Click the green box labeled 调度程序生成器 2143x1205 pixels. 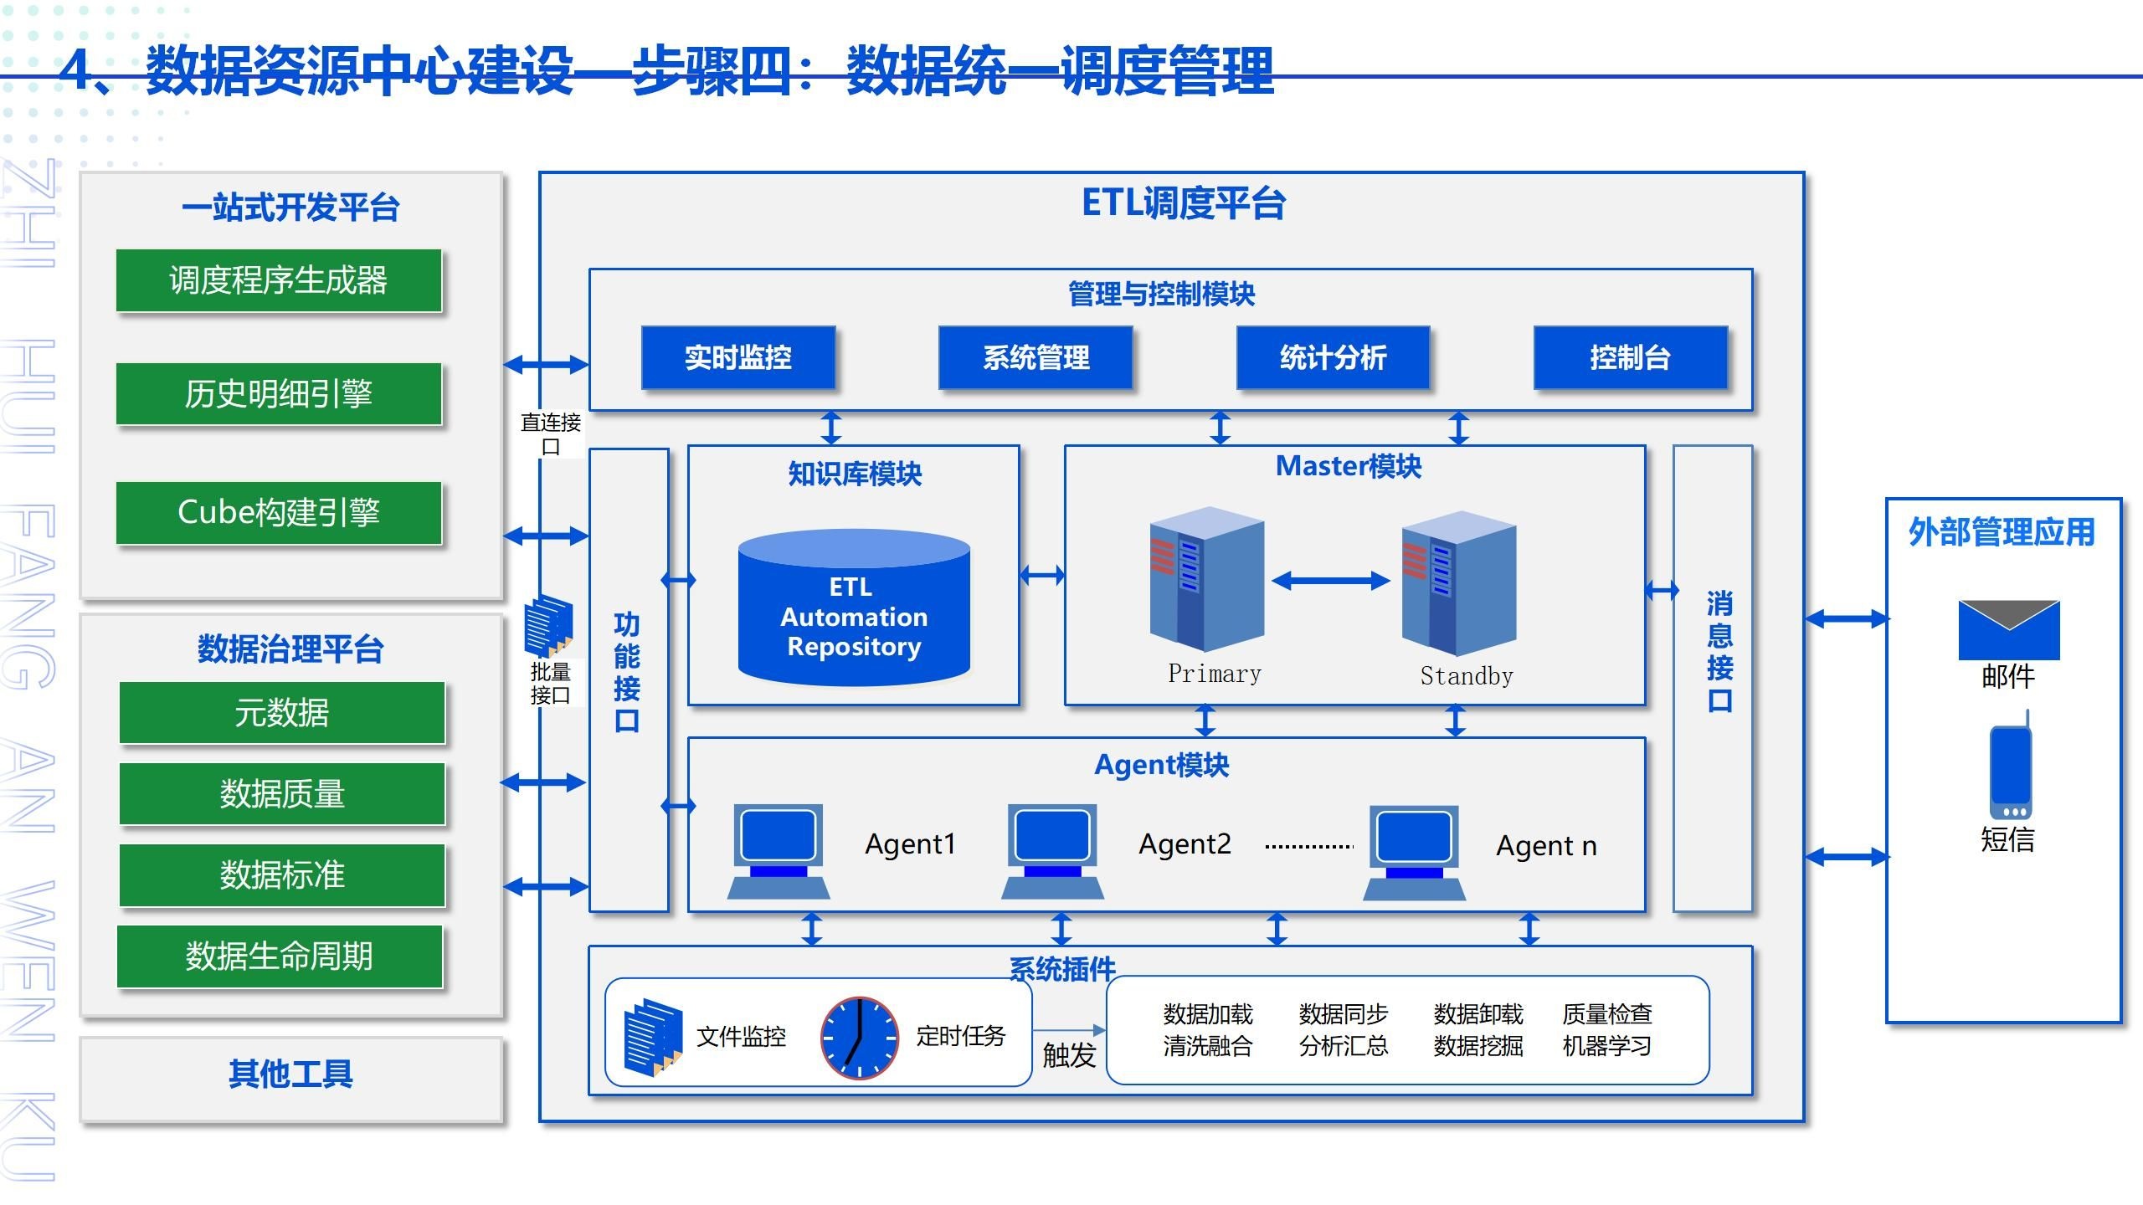[279, 280]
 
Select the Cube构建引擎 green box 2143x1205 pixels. [279, 512]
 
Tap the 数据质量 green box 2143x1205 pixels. [282, 793]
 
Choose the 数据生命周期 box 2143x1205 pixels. [279, 956]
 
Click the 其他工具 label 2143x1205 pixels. [290, 1074]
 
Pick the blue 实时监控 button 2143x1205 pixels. [738, 357]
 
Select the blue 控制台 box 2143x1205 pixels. [1630, 357]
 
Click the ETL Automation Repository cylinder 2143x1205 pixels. [854, 608]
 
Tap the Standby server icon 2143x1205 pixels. [1459, 582]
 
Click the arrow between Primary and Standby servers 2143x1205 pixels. [1331, 580]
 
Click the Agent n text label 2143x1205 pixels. [1546, 846]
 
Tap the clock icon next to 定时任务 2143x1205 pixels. [859, 1038]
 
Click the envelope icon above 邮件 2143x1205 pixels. [2008, 629]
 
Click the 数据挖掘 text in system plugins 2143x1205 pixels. [1477, 1046]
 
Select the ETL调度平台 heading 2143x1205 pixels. [1184, 203]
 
